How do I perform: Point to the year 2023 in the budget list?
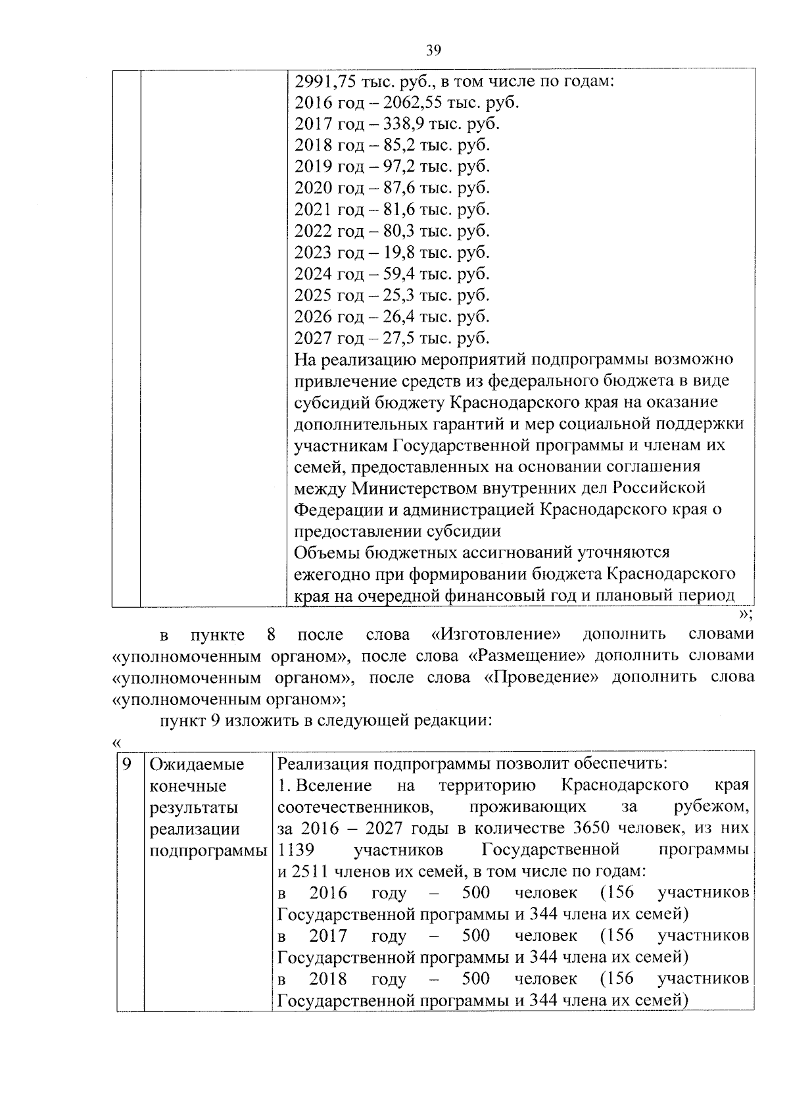tap(313, 253)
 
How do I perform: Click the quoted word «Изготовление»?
tap(497, 635)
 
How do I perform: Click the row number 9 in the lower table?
tap(128, 764)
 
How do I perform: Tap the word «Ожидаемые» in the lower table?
tap(197, 765)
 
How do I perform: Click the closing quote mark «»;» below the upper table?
tap(746, 614)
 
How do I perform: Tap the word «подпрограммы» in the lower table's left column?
tap(208, 850)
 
